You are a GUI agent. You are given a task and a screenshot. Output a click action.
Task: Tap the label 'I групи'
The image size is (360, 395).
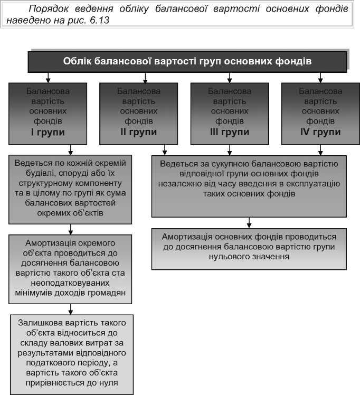point(48,132)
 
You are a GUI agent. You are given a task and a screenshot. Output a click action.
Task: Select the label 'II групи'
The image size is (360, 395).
point(138,132)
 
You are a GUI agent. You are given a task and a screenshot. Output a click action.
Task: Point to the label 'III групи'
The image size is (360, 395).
point(229,132)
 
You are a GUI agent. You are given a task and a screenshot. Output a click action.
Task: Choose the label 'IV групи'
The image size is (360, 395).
point(320,132)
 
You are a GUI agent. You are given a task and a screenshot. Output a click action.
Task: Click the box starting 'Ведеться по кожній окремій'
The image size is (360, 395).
point(70,189)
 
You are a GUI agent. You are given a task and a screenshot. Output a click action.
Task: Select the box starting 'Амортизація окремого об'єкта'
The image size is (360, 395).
point(70,268)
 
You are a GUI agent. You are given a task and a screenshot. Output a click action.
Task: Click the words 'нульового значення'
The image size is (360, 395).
point(249,257)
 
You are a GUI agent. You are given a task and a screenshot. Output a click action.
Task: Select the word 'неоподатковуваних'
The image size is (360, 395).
point(70,283)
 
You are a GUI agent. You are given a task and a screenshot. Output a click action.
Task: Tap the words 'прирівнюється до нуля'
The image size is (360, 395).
point(70,383)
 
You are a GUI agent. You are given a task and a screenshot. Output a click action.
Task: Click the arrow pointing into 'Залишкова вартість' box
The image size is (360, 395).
point(70,308)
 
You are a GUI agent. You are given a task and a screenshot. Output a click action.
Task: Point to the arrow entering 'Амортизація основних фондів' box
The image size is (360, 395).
point(249,223)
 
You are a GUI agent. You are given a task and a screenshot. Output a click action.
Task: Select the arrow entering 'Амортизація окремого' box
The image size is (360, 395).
point(70,229)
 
